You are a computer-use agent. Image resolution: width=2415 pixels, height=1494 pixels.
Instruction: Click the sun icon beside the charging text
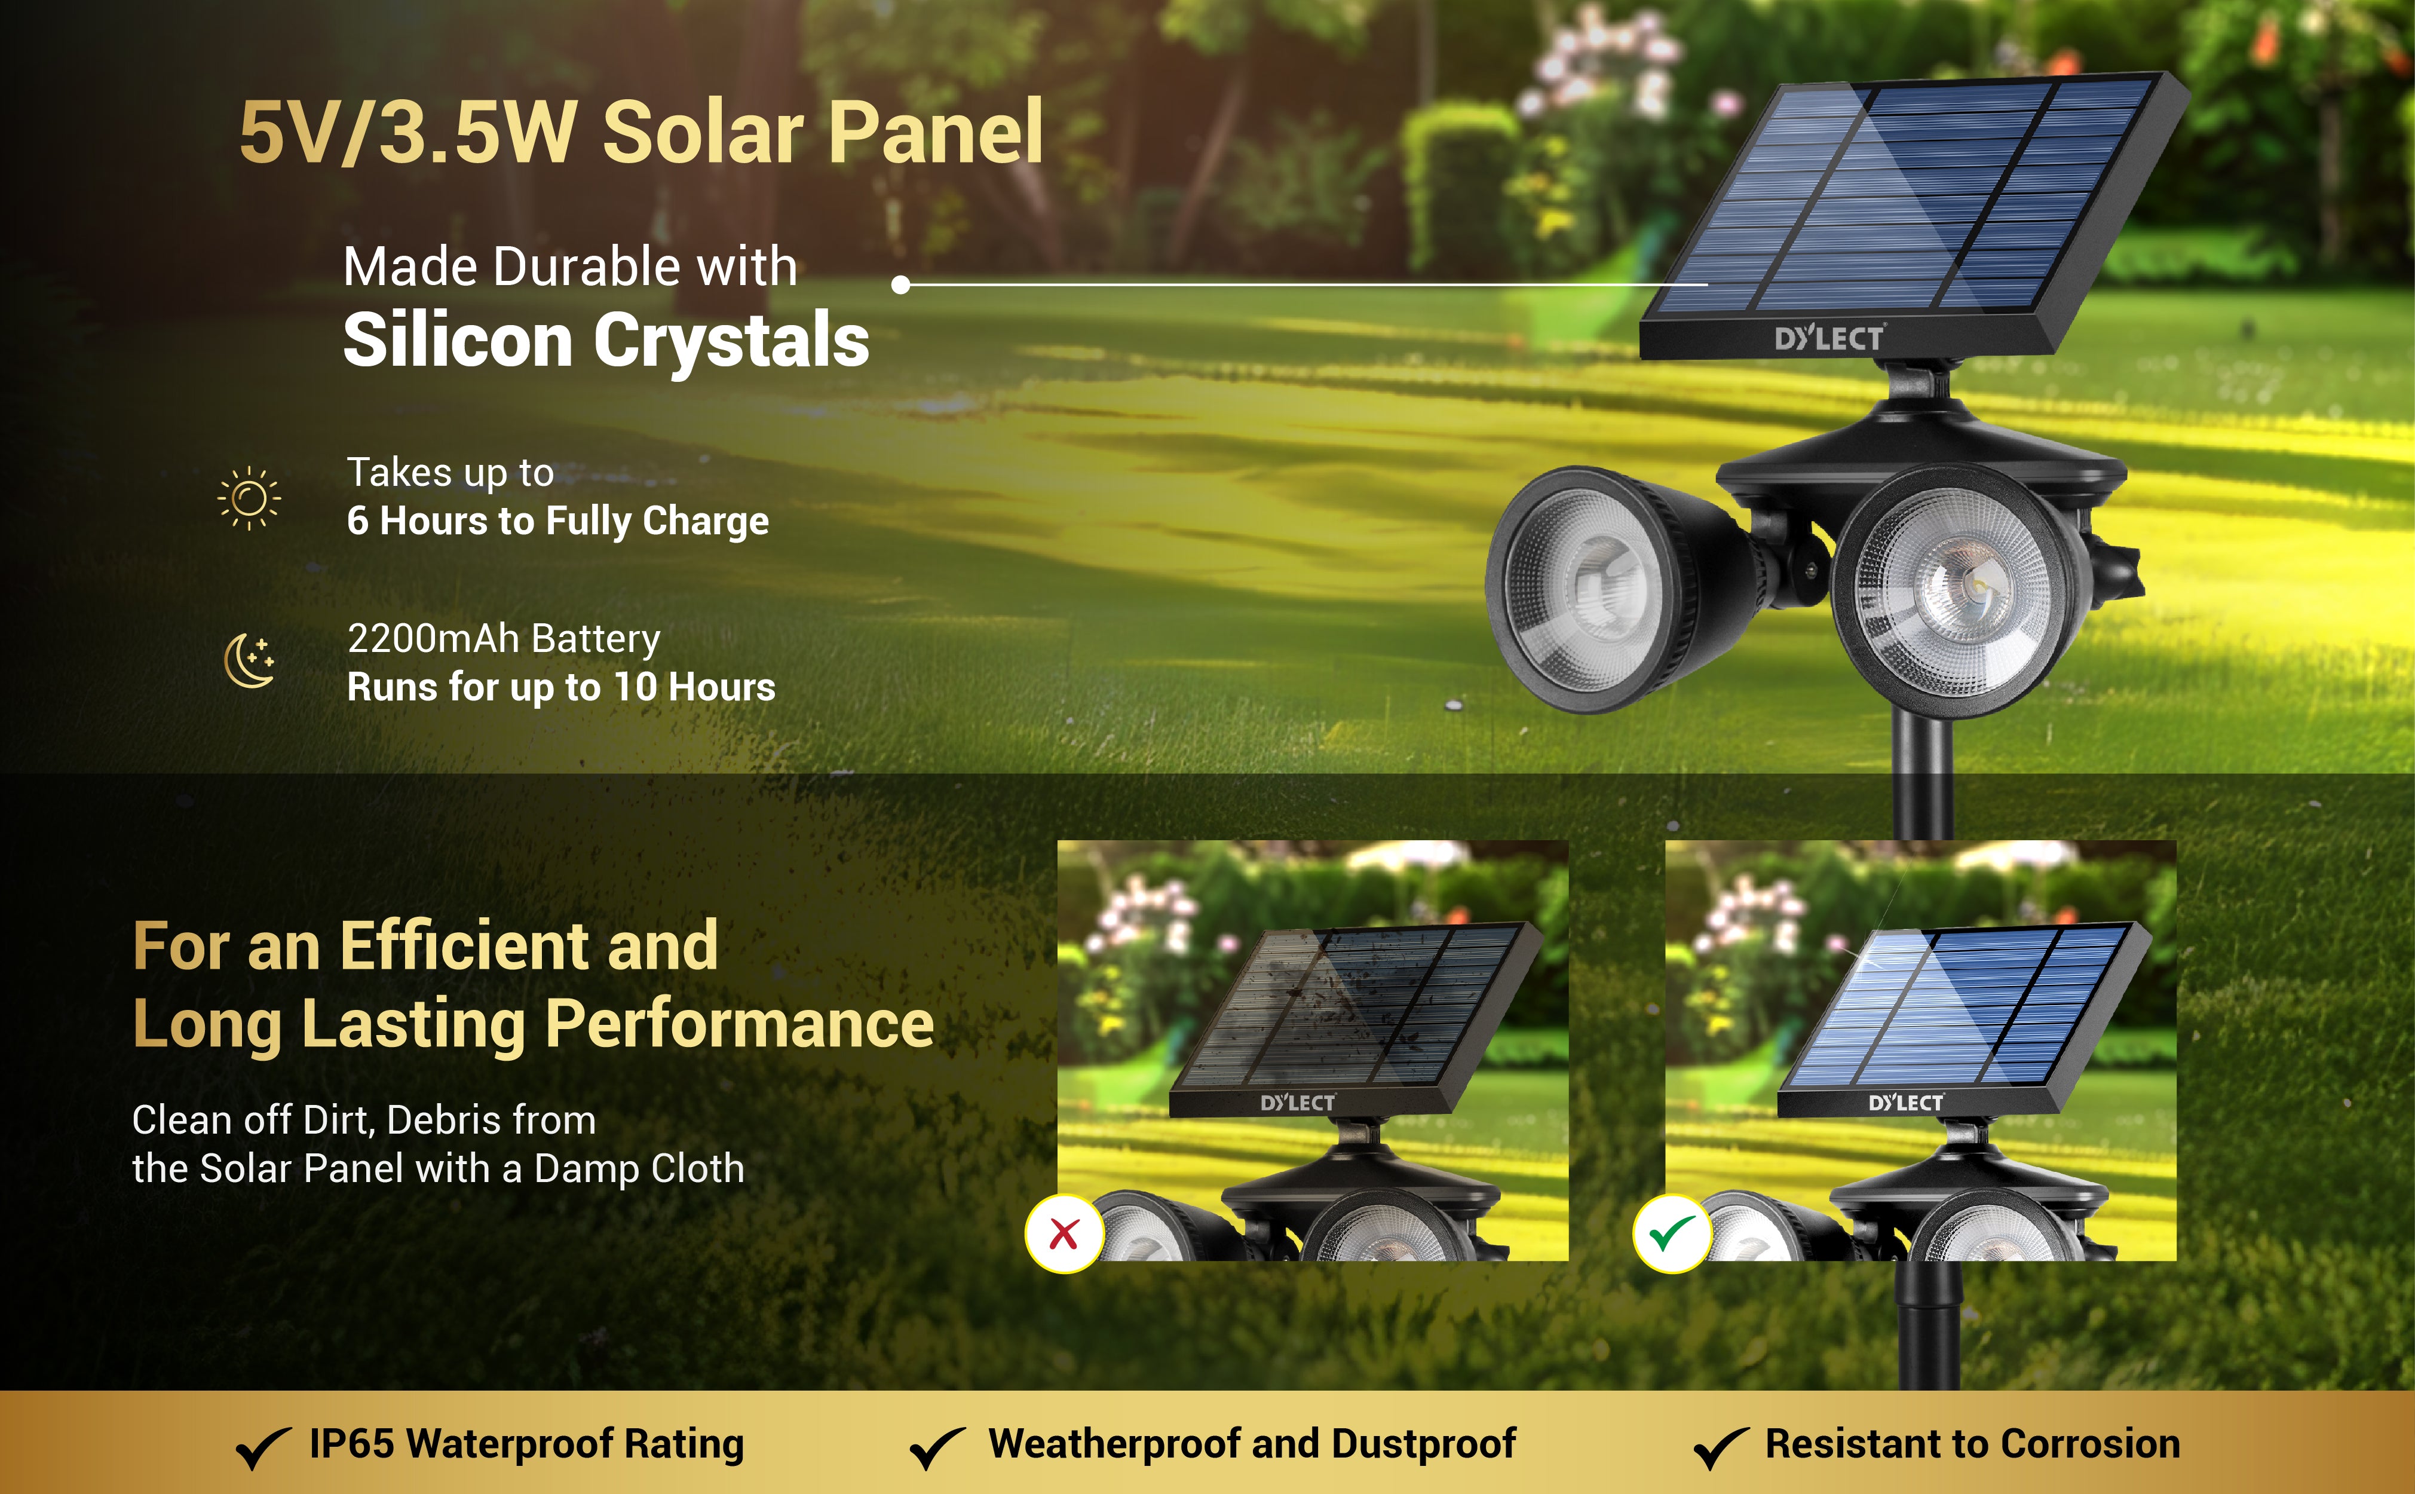coord(249,498)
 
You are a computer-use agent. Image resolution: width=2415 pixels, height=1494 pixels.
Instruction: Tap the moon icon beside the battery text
coord(250,660)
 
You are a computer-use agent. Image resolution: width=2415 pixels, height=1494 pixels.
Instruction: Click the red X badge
coord(1064,1234)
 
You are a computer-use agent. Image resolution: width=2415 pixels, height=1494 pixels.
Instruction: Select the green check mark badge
coord(1672,1234)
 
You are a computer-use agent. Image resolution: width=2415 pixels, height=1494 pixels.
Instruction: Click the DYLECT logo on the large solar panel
coord(1829,338)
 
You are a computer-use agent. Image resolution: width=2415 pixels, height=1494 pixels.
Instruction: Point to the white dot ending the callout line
coord(900,284)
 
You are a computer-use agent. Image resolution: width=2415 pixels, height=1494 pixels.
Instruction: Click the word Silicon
coord(457,340)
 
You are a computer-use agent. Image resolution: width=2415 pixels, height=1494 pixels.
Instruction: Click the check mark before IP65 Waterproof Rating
coord(263,1447)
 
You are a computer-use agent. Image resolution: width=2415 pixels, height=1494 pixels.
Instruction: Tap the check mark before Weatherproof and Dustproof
coord(937,1447)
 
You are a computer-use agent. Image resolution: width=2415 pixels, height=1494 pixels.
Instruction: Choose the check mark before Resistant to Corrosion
coord(1721,1447)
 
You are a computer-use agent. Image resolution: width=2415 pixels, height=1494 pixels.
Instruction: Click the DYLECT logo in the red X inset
coord(1298,1103)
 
